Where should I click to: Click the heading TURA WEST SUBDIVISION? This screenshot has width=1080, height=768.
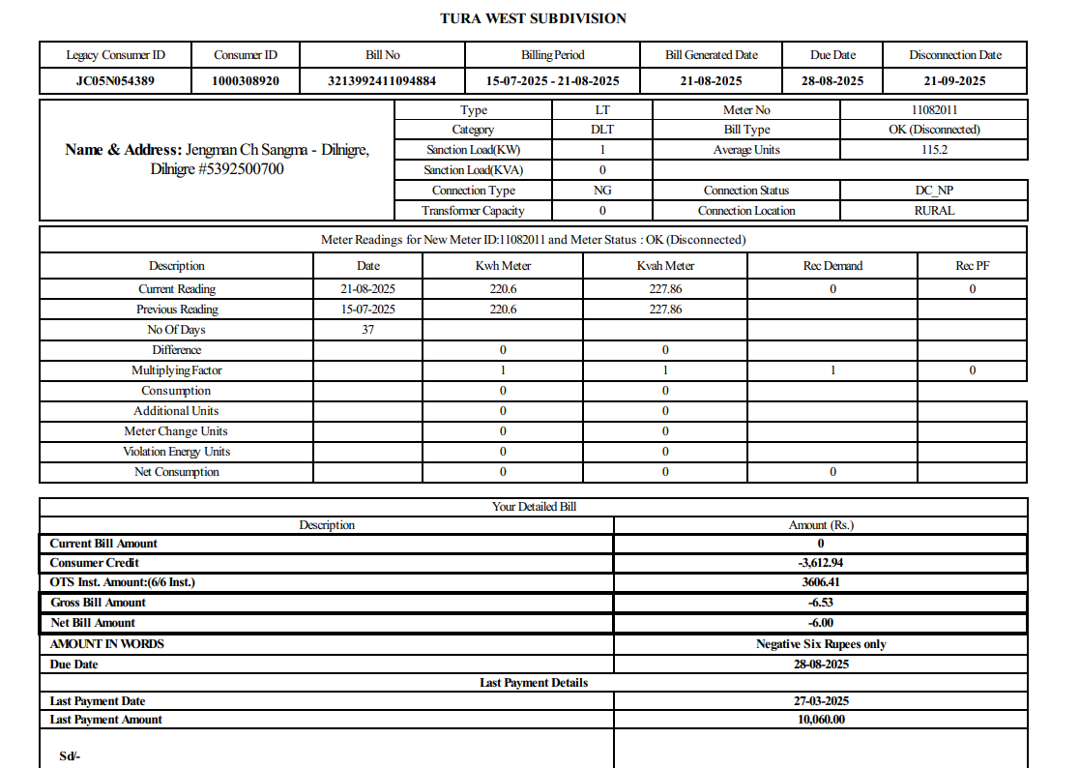click(533, 18)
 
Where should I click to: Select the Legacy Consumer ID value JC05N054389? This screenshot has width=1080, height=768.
click(115, 81)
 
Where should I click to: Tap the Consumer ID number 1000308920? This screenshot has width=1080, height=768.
click(246, 81)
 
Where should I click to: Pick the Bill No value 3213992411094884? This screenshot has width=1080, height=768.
click(382, 81)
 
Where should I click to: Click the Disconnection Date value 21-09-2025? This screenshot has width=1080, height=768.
click(954, 81)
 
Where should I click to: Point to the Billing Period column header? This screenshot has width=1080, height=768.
click(552, 55)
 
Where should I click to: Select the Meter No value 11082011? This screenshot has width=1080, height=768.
click(934, 110)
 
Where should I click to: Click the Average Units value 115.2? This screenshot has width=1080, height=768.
click(934, 150)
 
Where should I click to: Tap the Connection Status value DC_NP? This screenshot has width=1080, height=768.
click(934, 191)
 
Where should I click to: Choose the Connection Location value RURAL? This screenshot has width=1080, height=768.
click(934, 211)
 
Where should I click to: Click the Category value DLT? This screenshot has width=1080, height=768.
click(602, 130)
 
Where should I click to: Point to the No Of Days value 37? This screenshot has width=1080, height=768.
click(367, 330)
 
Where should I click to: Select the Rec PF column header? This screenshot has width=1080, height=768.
click(972, 266)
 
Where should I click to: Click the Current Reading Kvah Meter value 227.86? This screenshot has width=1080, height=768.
click(665, 289)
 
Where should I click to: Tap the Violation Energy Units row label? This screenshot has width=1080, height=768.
click(176, 452)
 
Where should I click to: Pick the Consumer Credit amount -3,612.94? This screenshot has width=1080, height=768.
click(820, 563)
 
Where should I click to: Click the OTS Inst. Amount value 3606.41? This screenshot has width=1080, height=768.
click(820, 582)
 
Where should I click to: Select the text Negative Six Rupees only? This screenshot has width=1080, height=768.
click(820, 644)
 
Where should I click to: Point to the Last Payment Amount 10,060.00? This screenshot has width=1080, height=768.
click(820, 720)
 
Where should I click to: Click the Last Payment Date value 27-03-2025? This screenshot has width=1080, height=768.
click(820, 701)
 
